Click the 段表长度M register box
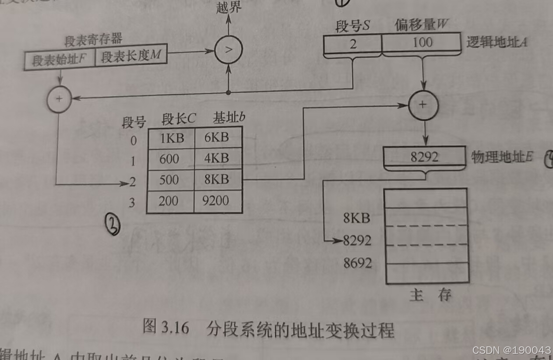(x=130, y=57)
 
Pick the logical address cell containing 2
(x=352, y=43)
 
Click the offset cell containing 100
(x=422, y=43)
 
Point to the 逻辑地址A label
(x=496, y=42)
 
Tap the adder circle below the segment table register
(x=59, y=99)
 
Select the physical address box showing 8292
(x=424, y=157)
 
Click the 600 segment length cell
(x=169, y=159)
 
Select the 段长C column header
(x=179, y=119)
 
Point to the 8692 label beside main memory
(x=357, y=263)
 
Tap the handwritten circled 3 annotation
(x=112, y=226)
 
